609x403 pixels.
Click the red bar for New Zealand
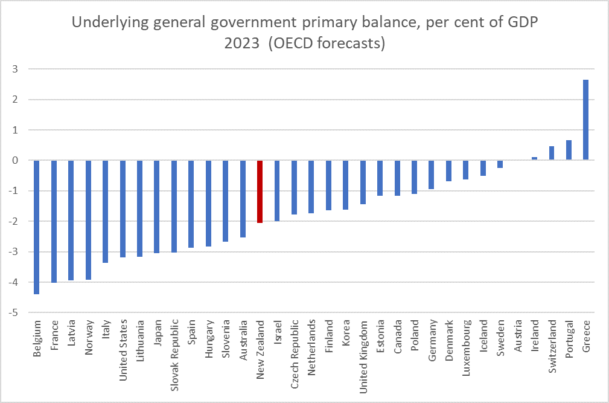[x=260, y=192]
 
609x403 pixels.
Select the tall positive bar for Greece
[x=585, y=120]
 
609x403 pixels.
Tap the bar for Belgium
[x=36, y=227]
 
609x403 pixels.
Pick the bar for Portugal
[x=569, y=150]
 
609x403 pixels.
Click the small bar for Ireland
[x=534, y=158]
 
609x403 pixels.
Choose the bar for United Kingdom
[x=363, y=182]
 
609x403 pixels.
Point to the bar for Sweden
[x=500, y=164]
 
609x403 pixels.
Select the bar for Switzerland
[x=551, y=153]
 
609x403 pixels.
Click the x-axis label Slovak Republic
[x=174, y=350]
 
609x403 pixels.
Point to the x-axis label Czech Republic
[x=294, y=350]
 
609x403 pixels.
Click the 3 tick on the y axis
[x=14, y=69]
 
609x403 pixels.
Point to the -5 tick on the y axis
[x=13, y=312]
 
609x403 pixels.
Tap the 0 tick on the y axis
[x=14, y=160]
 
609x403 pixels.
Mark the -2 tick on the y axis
[x=13, y=221]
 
